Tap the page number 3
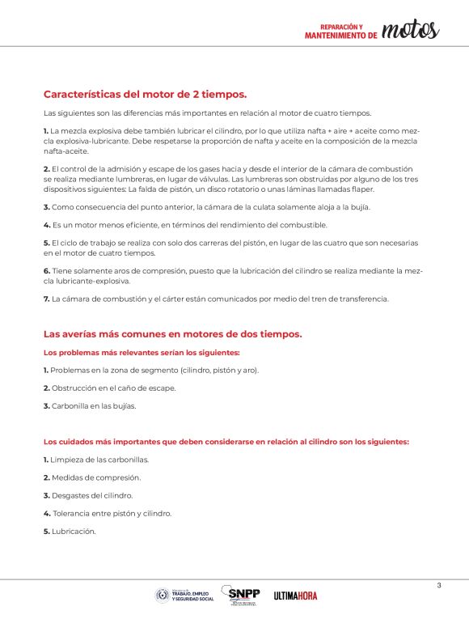pos(438,585)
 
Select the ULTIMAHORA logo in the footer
pos(295,596)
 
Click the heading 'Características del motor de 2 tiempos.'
pos(145,94)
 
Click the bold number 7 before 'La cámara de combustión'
pos(46,299)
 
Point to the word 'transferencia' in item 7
pos(362,299)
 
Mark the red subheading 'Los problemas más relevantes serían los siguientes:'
pos(142,352)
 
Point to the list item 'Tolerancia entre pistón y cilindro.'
pos(110,513)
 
